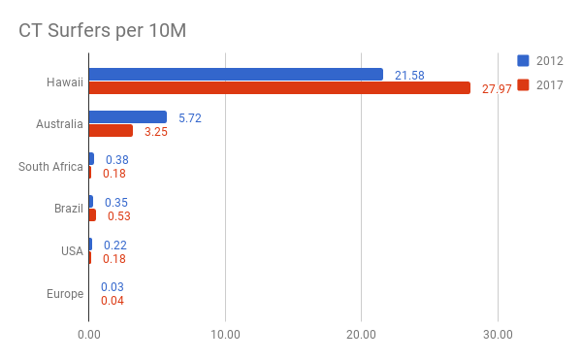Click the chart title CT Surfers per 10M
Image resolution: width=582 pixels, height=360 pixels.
(x=103, y=31)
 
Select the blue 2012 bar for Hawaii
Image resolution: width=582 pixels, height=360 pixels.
(x=236, y=74)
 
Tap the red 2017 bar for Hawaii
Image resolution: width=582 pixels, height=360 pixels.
(x=279, y=88)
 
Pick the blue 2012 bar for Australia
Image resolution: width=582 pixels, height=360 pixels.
(x=128, y=116)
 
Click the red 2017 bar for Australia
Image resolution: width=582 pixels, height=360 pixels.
(x=111, y=131)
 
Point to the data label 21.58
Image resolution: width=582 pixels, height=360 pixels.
(x=409, y=76)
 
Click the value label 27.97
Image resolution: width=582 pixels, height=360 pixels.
(x=497, y=89)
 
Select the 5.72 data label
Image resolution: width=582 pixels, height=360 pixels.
(x=190, y=118)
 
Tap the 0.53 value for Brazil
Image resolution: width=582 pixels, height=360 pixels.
(x=119, y=216)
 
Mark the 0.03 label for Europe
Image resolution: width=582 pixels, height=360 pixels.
(x=113, y=287)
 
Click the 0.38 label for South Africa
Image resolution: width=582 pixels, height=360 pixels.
(x=117, y=159)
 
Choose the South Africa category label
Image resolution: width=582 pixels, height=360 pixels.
(x=50, y=167)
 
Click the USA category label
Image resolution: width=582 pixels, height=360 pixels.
(x=72, y=251)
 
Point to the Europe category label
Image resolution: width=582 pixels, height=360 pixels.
(x=65, y=294)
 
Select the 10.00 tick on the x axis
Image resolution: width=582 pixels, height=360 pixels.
(x=225, y=335)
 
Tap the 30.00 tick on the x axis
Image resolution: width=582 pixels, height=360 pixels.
(x=498, y=335)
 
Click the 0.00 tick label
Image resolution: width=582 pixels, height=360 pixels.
(x=89, y=335)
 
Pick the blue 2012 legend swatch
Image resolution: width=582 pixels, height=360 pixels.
(x=523, y=60)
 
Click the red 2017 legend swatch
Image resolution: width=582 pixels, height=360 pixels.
(x=523, y=85)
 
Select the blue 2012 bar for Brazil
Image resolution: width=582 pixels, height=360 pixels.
(x=91, y=202)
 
